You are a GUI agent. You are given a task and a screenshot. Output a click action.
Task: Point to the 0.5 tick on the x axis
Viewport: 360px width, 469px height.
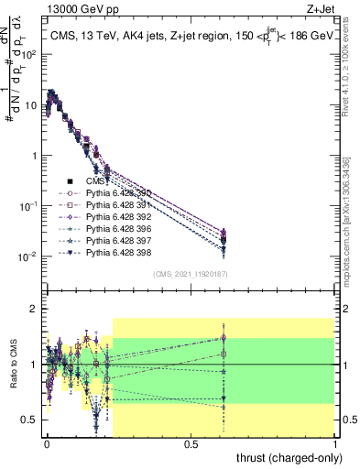coord(191,442)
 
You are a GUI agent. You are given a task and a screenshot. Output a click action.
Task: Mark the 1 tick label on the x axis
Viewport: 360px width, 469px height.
coord(335,442)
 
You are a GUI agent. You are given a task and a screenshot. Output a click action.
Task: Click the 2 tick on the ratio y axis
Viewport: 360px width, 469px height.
coord(36,309)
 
